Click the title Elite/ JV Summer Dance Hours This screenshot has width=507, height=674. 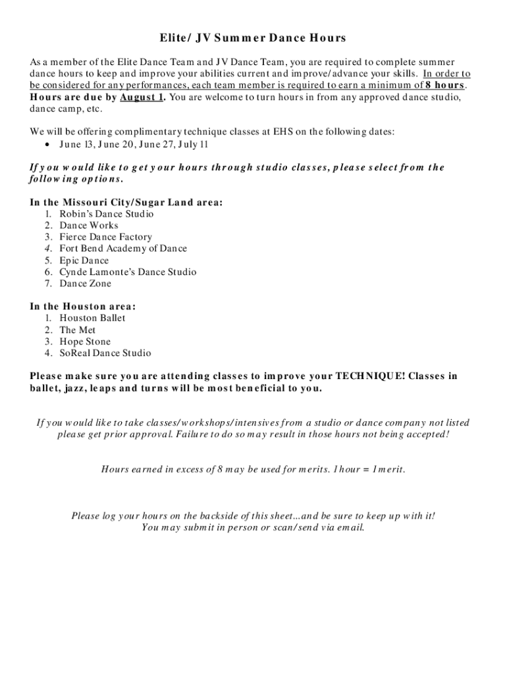click(x=253, y=39)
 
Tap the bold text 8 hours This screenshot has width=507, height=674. click(x=445, y=86)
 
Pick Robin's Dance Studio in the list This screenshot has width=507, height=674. click(x=107, y=214)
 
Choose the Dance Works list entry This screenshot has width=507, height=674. click(x=89, y=225)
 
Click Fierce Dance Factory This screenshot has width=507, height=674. click(x=105, y=237)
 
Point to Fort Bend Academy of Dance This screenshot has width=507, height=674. click(x=123, y=249)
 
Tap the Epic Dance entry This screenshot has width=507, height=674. click(x=84, y=261)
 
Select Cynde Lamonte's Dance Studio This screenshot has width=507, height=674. click(x=128, y=272)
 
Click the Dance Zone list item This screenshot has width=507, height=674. click(x=86, y=284)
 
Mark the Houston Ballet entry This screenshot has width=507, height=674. click(x=92, y=318)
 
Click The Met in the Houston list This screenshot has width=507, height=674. click(x=78, y=330)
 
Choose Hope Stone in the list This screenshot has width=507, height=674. click(x=85, y=342)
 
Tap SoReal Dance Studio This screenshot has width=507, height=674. click(x=105, y=353)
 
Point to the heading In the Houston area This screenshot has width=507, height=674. click(x=83, y=307)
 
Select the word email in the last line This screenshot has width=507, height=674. click(x=350, y=527)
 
